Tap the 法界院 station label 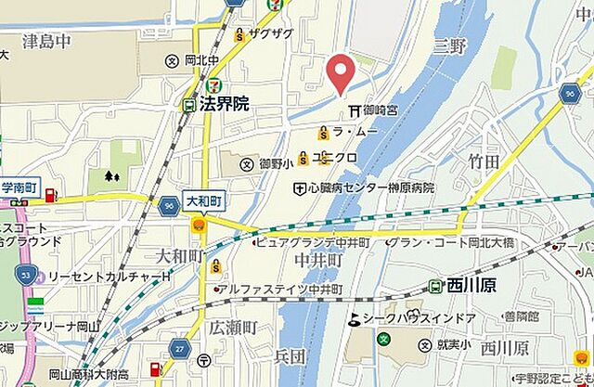pos(227,105)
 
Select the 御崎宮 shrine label pos(373,110)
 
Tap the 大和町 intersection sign pos(204,200)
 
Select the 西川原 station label pos(471,286)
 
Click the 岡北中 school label pos(200,61)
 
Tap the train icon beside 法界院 pos(189,105)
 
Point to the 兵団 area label pos(291,356)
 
